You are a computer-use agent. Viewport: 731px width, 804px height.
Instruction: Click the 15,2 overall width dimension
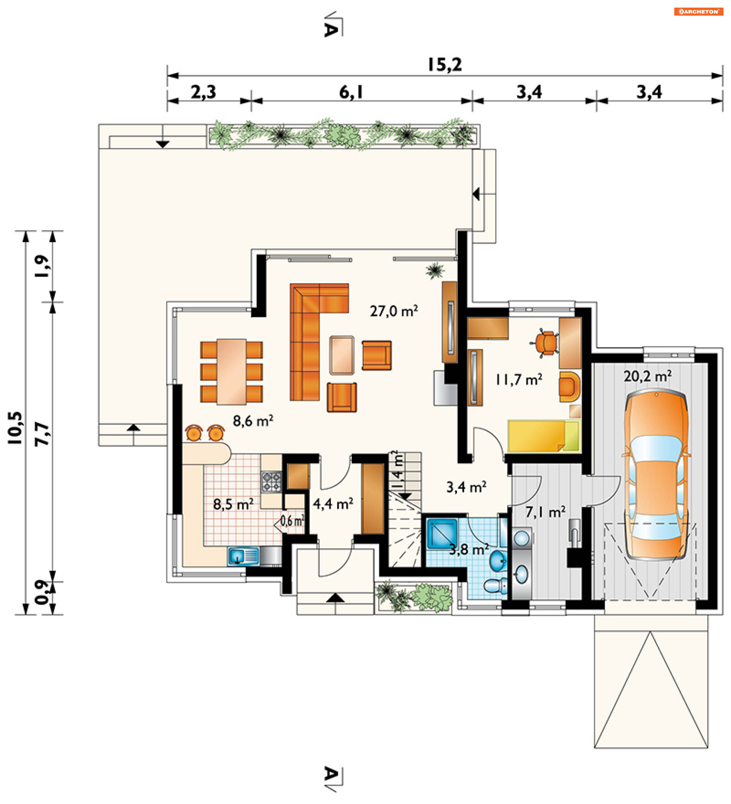coord(444,65)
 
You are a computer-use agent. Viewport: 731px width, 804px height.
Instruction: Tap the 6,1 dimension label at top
coord(351,93)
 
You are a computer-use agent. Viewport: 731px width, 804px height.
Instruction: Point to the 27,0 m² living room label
coord(394,311)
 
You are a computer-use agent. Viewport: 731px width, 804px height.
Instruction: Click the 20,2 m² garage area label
coord(647,376)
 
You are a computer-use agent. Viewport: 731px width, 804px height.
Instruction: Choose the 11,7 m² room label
coord(519,379)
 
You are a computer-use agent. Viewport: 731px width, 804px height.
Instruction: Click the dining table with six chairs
coord(231,372)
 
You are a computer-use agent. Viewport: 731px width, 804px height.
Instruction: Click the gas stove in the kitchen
coord(271,481)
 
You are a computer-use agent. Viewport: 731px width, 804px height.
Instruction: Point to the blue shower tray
coord(442,533)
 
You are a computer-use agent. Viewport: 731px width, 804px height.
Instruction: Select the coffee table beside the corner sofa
coord(342,355)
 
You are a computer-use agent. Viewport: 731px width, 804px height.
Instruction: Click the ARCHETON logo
coord(698,11)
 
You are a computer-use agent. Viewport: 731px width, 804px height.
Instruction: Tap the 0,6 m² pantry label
coord(292,520)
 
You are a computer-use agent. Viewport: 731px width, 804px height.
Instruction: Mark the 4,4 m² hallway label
coord(333,504)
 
